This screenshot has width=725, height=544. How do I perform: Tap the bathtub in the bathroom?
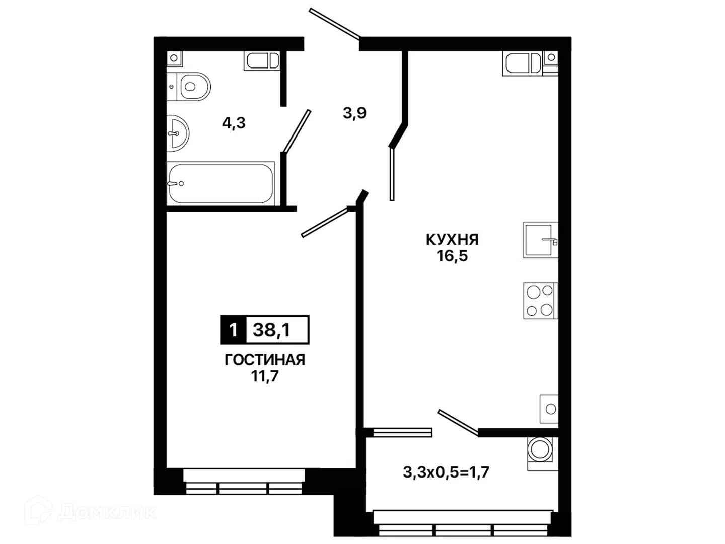coord(221,182)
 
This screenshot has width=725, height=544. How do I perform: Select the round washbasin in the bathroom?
coord(178,133)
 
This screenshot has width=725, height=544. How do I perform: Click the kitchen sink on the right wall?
coord(540,240)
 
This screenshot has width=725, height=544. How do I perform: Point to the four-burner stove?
coord(540,301)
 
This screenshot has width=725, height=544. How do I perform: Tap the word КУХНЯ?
coord(452,240)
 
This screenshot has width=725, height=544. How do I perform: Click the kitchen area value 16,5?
coord(453,256)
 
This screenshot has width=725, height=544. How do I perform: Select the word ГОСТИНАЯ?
coord(265,360)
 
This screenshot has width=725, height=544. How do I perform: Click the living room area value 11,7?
coord(265,376)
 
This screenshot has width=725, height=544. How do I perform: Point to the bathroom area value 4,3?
coord(234,123)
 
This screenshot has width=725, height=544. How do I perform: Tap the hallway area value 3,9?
coord(355,114)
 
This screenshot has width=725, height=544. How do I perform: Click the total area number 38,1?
coord(271,330)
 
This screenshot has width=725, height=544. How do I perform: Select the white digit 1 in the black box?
coord(233,330)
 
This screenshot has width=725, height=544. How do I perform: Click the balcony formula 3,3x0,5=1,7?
coord(446,472)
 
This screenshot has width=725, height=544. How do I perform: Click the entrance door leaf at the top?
coord(335,25)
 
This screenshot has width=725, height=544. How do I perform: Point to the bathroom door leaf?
coord(298,131)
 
